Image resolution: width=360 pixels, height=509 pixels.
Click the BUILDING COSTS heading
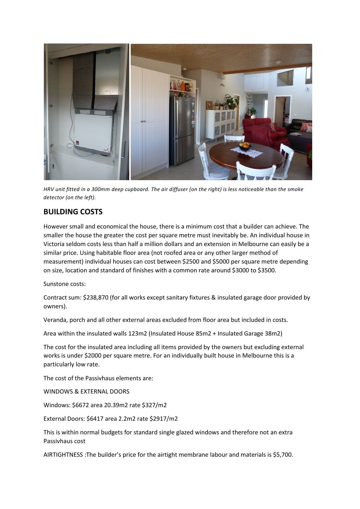[x=73, y=212]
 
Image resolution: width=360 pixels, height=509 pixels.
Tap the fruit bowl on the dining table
[x=244, y=147]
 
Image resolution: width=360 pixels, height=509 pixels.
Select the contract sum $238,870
[x=96, y=297]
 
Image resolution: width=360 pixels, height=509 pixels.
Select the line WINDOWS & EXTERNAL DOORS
[x=86, y=391]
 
